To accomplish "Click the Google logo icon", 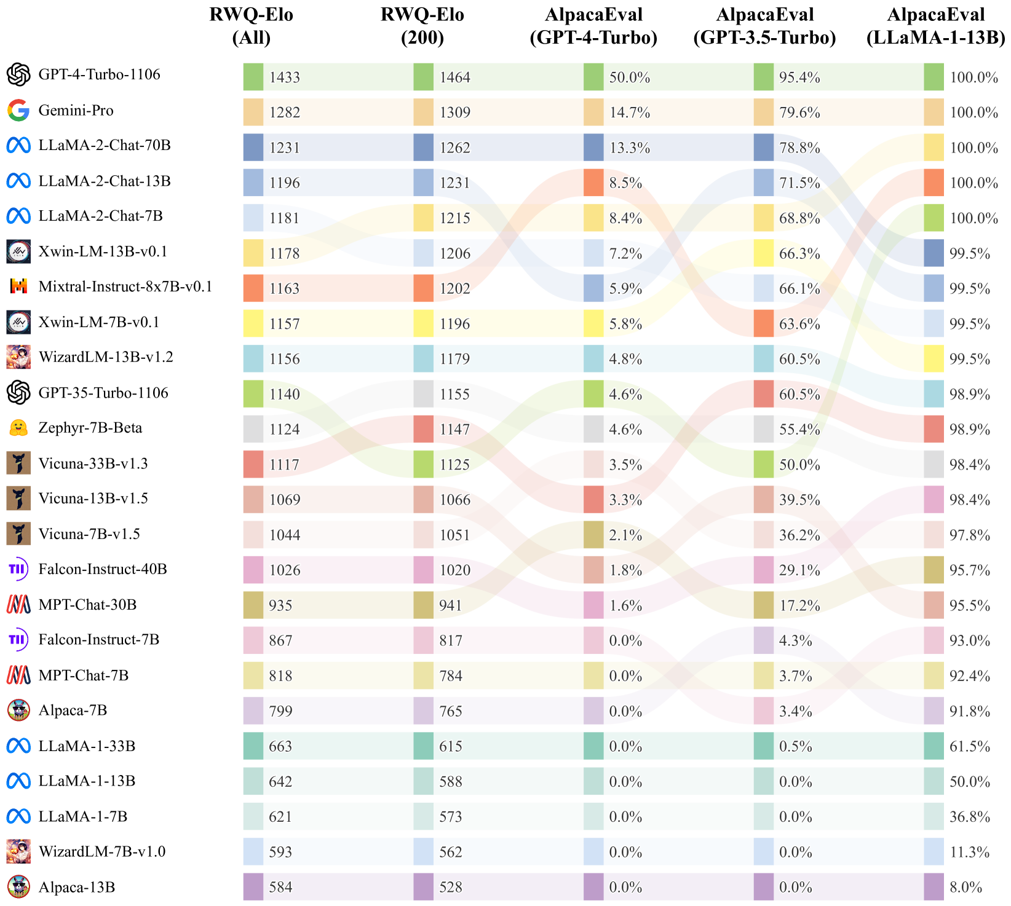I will [18, 111].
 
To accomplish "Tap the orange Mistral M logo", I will [18, 286].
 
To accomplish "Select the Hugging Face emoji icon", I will [18, 428].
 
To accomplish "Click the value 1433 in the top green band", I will [284, 77].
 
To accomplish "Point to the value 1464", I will [454, 77].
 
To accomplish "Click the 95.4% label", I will [799, 77].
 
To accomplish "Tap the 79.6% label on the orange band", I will [799, 112].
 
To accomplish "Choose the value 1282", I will [284, 112].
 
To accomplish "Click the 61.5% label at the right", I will [969, 746].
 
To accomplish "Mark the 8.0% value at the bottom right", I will [965, 887].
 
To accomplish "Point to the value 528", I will [450, 887].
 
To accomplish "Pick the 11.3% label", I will [969, 852].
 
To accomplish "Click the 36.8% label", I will [969, 817].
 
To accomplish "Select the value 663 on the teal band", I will [280, 746].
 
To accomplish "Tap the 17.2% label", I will [799, 606].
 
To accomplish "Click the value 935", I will [280, 605].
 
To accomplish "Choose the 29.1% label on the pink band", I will [799, 570].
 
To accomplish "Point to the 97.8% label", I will [969, 535].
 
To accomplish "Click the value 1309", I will [454, 112].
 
